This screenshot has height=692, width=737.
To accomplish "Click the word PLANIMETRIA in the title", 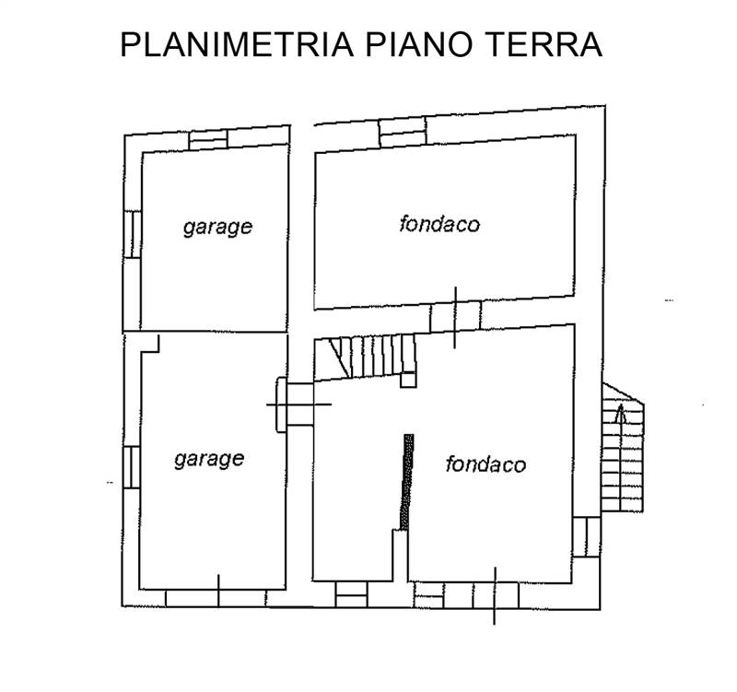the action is pos(237,44).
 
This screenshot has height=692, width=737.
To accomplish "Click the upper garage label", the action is pos(217,226).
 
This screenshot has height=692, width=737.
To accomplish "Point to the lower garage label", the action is pos(209,458).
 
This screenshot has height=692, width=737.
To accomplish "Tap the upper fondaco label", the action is pos(439,223).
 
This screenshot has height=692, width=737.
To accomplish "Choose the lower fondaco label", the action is pos(485,463).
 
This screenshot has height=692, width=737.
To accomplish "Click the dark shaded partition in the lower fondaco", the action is pos(406,480).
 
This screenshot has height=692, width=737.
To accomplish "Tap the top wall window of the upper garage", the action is pos(207,139).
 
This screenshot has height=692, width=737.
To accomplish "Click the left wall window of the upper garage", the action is pos(133,234).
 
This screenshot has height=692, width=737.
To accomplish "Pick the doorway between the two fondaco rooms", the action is pos(455,316).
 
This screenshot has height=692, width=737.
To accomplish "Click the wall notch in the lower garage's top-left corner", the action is pos(149,343).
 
